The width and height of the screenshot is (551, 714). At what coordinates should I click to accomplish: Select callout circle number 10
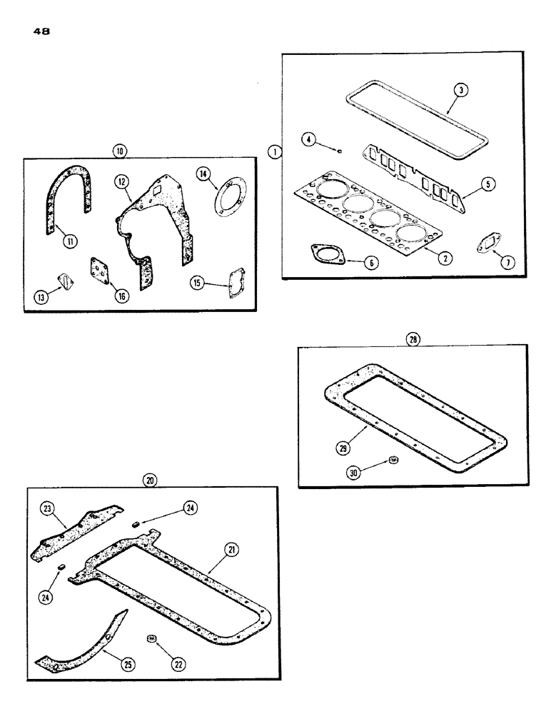click(118, 150)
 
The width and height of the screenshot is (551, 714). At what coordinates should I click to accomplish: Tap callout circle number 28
click(412, 340)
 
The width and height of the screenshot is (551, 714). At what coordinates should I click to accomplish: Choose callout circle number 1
click(274, 152)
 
